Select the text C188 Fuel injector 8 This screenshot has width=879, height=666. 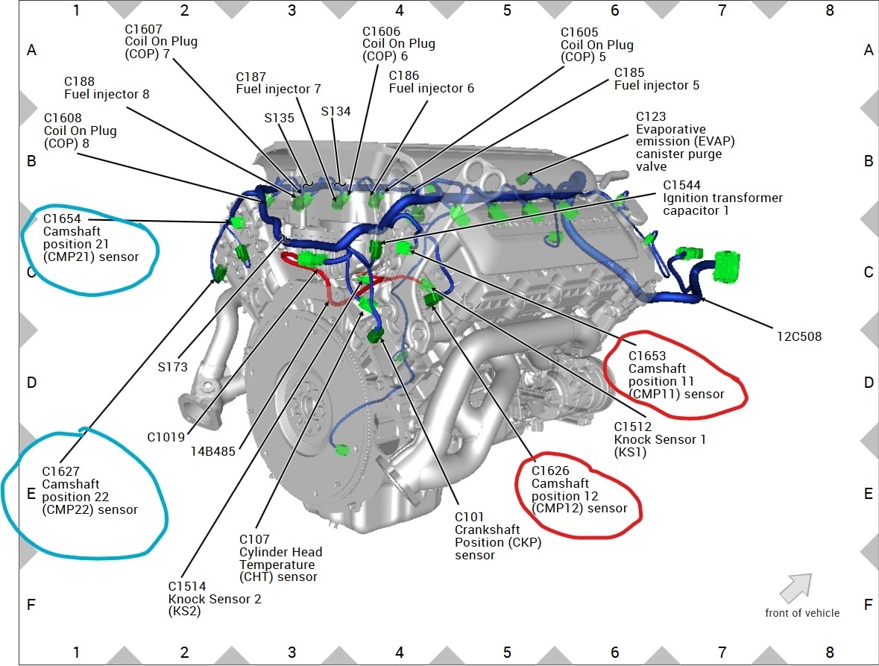(107, 88)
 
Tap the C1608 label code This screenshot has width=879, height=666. (63, 118)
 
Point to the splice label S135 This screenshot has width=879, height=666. (279, 117)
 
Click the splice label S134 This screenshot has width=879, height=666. (335, 111)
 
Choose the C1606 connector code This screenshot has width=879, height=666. (381, 31)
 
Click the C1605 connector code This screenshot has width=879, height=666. (579, 33)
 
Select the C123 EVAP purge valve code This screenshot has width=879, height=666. (651, 116)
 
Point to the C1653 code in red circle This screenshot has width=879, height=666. (647, 356)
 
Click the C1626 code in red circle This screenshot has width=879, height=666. (550, 471)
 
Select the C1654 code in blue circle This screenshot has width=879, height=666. (61, 219)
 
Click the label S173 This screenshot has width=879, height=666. (172, 367)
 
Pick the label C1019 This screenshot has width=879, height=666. (166, 437)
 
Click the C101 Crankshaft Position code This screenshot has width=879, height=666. (469, 517)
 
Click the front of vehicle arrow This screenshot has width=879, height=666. (795, 587)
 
